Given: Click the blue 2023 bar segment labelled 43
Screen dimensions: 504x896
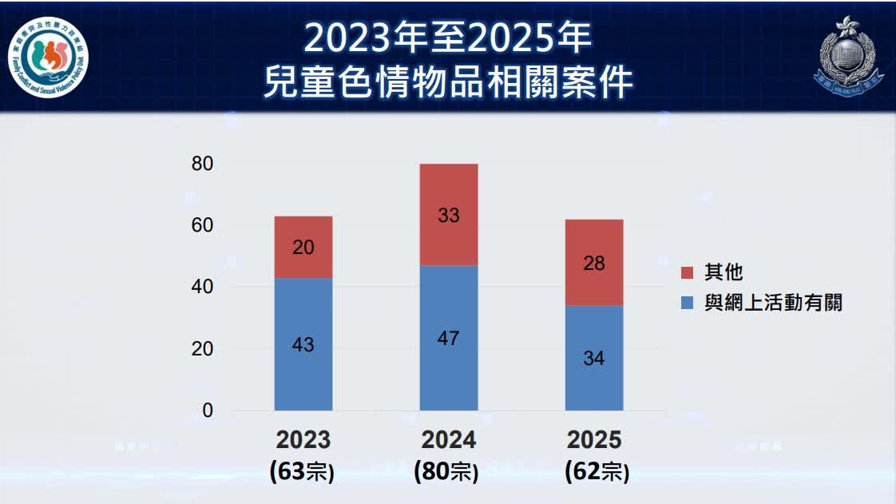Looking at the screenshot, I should (303, 344).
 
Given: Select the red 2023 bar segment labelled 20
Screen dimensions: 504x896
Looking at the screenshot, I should (303, 247).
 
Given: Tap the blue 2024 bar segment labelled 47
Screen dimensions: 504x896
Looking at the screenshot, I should (449, 338).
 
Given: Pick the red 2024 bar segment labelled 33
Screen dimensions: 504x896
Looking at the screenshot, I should (449, 214).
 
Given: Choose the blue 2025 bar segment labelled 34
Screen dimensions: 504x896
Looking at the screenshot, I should (594, 358).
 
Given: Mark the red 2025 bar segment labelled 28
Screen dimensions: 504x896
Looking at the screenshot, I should (594, 262).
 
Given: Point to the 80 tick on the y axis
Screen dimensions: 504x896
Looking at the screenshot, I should (203, 164).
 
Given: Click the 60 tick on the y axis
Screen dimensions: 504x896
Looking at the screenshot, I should (203, 225).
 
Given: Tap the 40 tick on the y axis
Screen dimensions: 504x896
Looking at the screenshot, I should (203, 287).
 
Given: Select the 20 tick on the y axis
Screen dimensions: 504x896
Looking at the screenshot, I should (203, 349).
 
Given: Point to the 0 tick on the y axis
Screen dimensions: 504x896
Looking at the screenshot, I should (208, 411).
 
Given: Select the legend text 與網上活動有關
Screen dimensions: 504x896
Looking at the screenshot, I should (773, 303).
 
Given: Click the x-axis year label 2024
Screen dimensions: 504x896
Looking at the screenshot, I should (449, 440).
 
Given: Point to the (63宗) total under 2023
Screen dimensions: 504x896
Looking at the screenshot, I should (303, 471).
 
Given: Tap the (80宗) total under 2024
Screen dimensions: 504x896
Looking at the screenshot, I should (449, 471).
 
